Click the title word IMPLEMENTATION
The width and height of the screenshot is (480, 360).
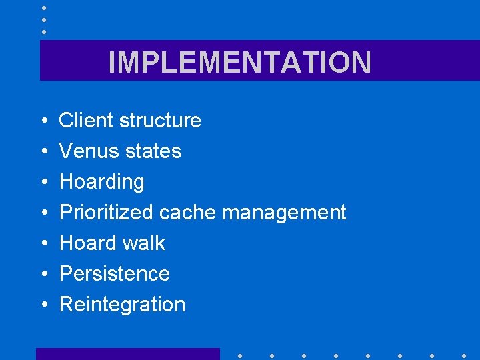(239, 62)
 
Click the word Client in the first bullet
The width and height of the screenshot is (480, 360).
(86, 120)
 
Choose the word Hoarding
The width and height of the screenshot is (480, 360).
(101, 182)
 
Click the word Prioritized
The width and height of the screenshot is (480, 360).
(107, 213)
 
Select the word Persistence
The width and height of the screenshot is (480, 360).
(114, 273)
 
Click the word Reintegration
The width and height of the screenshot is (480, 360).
(122, 304)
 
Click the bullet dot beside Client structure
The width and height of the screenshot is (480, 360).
(43, 121)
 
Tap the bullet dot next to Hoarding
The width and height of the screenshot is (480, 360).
(43, 183)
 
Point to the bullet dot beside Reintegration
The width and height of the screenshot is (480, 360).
(43, 305)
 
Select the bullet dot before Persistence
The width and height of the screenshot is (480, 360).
(43, 275)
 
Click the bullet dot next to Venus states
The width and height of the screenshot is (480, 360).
(43, 152)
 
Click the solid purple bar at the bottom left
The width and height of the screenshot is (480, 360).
(127, 354)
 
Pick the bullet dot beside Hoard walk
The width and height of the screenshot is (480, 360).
(43, 244)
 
